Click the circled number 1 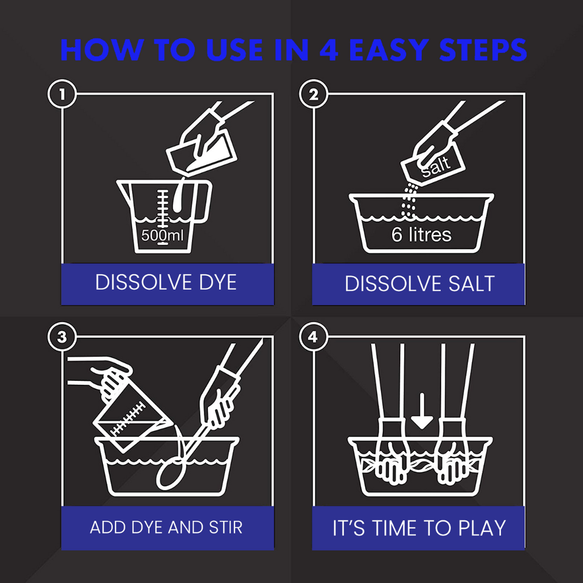click(62, 94)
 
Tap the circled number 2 click(314, 94)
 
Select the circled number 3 click(62, 337)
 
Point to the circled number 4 click(313, 337)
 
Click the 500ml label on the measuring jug click(162, 235)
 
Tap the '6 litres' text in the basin click(421, 235)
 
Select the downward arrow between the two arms click(422, 411)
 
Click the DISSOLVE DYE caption click(166, 282)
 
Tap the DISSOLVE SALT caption click(420, 284)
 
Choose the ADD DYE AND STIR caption click(166, 527)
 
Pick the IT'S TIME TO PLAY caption click(419, 528)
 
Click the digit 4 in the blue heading click(329, 50)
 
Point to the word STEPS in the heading click(483, 50)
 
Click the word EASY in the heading click(389, 50)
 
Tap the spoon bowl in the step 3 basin click(170, 474)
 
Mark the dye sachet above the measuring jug click(201, 153)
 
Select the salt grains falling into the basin click(409, 201)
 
